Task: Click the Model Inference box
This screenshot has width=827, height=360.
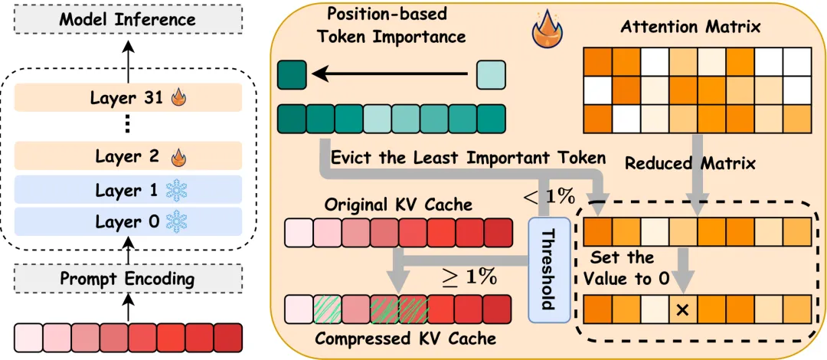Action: click(128, 18)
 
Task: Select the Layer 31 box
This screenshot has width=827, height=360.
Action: click(128, 97)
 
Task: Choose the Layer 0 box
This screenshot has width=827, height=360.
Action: click(128, 223)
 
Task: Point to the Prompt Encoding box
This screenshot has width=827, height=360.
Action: click(128, 279)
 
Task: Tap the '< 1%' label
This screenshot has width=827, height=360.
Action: click(551, 197)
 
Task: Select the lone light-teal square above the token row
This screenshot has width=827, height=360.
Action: click(491, 74)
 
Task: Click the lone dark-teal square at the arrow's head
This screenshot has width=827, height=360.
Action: click(292, 74)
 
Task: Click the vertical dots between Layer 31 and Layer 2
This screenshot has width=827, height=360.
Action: click(128, 125)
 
